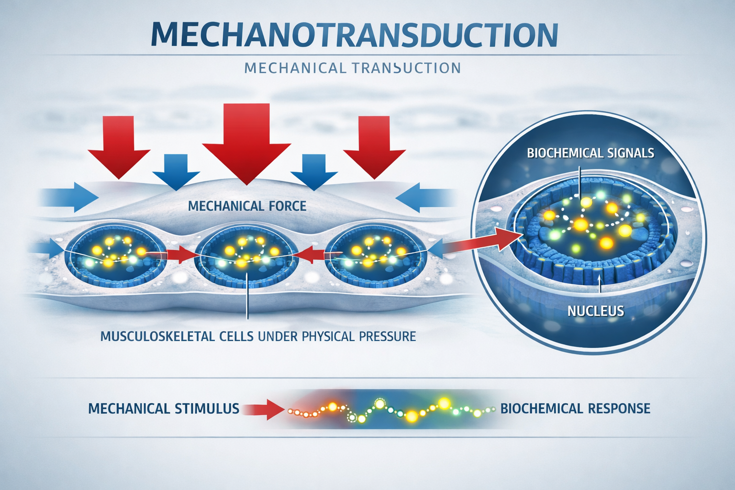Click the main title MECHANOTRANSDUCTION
click(354, 34)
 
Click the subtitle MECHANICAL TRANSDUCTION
click(352, 68)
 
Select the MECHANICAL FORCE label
click(247, 206)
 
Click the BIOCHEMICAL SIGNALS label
click(590, 153)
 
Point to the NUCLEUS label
click(596, 311)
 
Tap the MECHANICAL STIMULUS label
click(164, 409)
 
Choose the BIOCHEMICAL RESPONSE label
click(575, 409)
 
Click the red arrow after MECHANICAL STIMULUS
click(263, 409)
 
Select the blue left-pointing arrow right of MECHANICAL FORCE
click(423, 197)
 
